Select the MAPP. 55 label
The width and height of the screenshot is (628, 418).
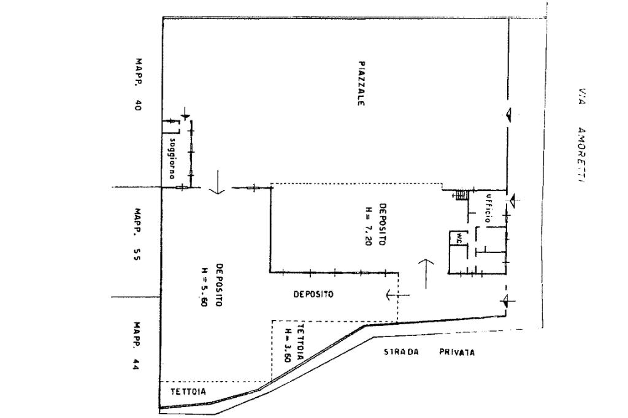tap(137, 237)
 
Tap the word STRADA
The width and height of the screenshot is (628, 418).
tap(401, 352)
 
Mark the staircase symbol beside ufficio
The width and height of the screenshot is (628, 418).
tap(461, 196)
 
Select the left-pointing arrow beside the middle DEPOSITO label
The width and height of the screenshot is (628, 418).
tap(397, 295)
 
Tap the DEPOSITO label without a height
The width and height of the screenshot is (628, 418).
tap(313, 294)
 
